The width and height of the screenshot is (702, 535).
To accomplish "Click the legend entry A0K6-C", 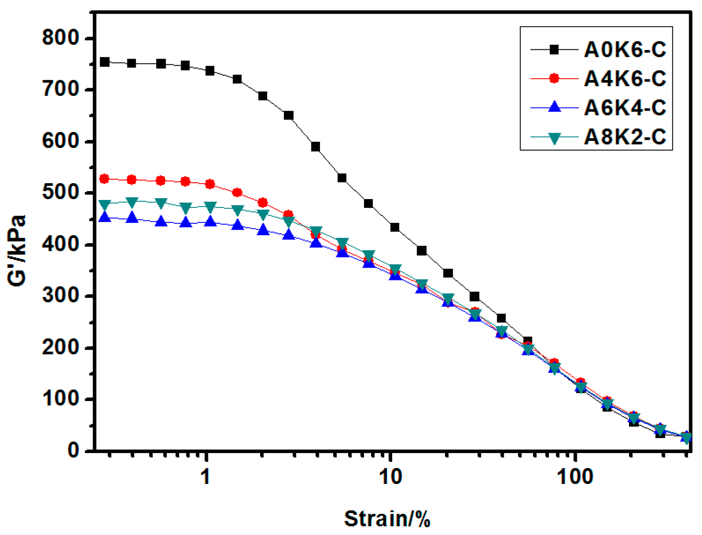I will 624,49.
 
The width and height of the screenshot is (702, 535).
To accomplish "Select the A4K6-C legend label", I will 624,78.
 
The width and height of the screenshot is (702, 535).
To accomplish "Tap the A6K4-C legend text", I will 624,107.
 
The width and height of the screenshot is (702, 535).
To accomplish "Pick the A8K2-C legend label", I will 624,137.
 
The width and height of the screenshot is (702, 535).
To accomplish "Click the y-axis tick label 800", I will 60,38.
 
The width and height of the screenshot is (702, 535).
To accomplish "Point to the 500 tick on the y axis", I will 60,193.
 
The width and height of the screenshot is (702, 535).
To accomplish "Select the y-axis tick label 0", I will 73,450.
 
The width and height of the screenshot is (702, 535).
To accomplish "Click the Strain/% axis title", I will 387,518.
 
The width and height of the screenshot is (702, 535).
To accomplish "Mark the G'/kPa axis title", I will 18,251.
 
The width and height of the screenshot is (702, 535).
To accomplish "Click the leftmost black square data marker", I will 104,62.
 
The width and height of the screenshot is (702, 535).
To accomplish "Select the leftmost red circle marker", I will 104,179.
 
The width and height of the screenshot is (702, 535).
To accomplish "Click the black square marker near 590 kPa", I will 315,147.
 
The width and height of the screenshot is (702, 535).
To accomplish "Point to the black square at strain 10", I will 394,227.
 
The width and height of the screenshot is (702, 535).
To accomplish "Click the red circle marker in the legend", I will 554,78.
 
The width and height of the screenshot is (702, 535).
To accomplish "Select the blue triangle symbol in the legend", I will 554,107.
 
